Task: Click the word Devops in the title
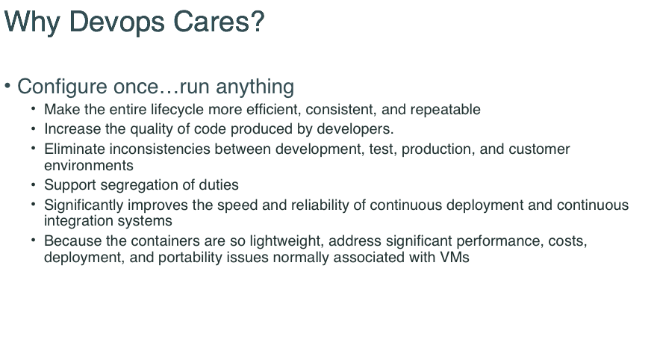tap(116, 22)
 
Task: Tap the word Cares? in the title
tap(219, 21)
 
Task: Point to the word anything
tap(255, 87)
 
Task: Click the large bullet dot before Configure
tap(7, 85)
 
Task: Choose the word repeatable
tap(446, 110)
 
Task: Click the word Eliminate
tap(75, 149)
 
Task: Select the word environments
tap(89, 166)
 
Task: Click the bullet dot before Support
tap(34, 183)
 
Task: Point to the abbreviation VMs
tap(455, 258)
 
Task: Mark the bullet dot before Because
tap(34, 239)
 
